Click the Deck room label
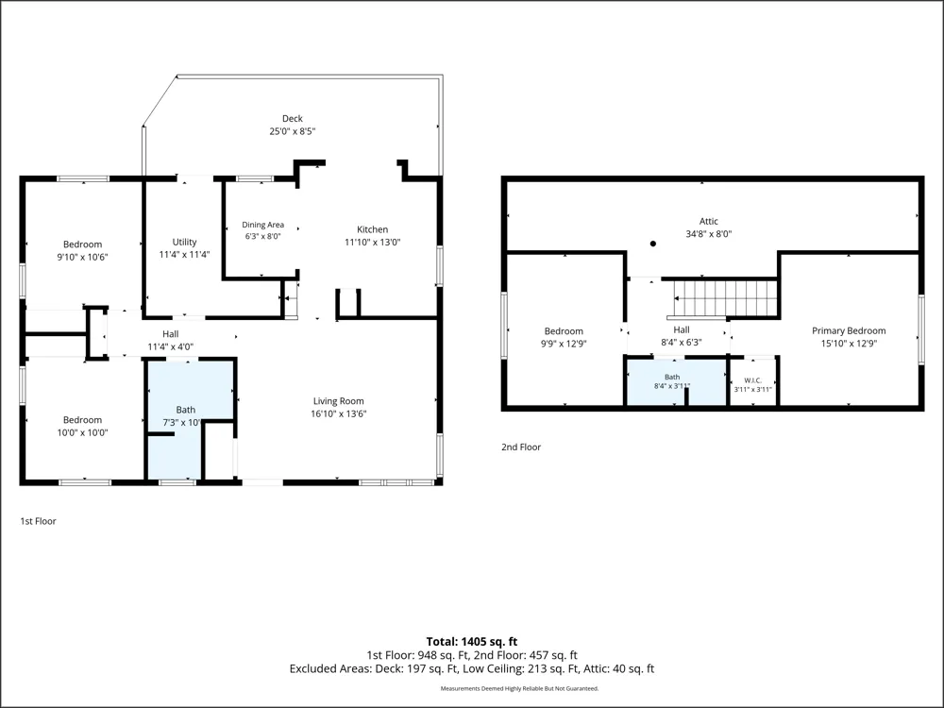coord(293,119)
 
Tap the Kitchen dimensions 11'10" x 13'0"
coord(373,242)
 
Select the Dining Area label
coord(263,225)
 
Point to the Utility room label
coord(184,242)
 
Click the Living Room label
coord(338,401)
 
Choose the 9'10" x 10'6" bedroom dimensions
coord(82,257)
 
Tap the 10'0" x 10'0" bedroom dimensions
coord(82,432)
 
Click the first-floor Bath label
coord(185,410)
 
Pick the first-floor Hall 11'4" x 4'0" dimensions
coord(170,346)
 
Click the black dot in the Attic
coord(652,244)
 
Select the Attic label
coord(709,222)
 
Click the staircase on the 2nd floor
coord(725,298)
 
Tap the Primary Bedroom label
coord(849,330)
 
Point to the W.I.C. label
coord(752,380)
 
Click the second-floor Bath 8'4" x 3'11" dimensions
coord(672,386)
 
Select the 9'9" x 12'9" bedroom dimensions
coord(564,344)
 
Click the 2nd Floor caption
coord(521,447)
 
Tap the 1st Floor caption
coord(38,521)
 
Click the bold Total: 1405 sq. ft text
coord(472,642)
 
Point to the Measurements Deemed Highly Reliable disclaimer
coord(519,688)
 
